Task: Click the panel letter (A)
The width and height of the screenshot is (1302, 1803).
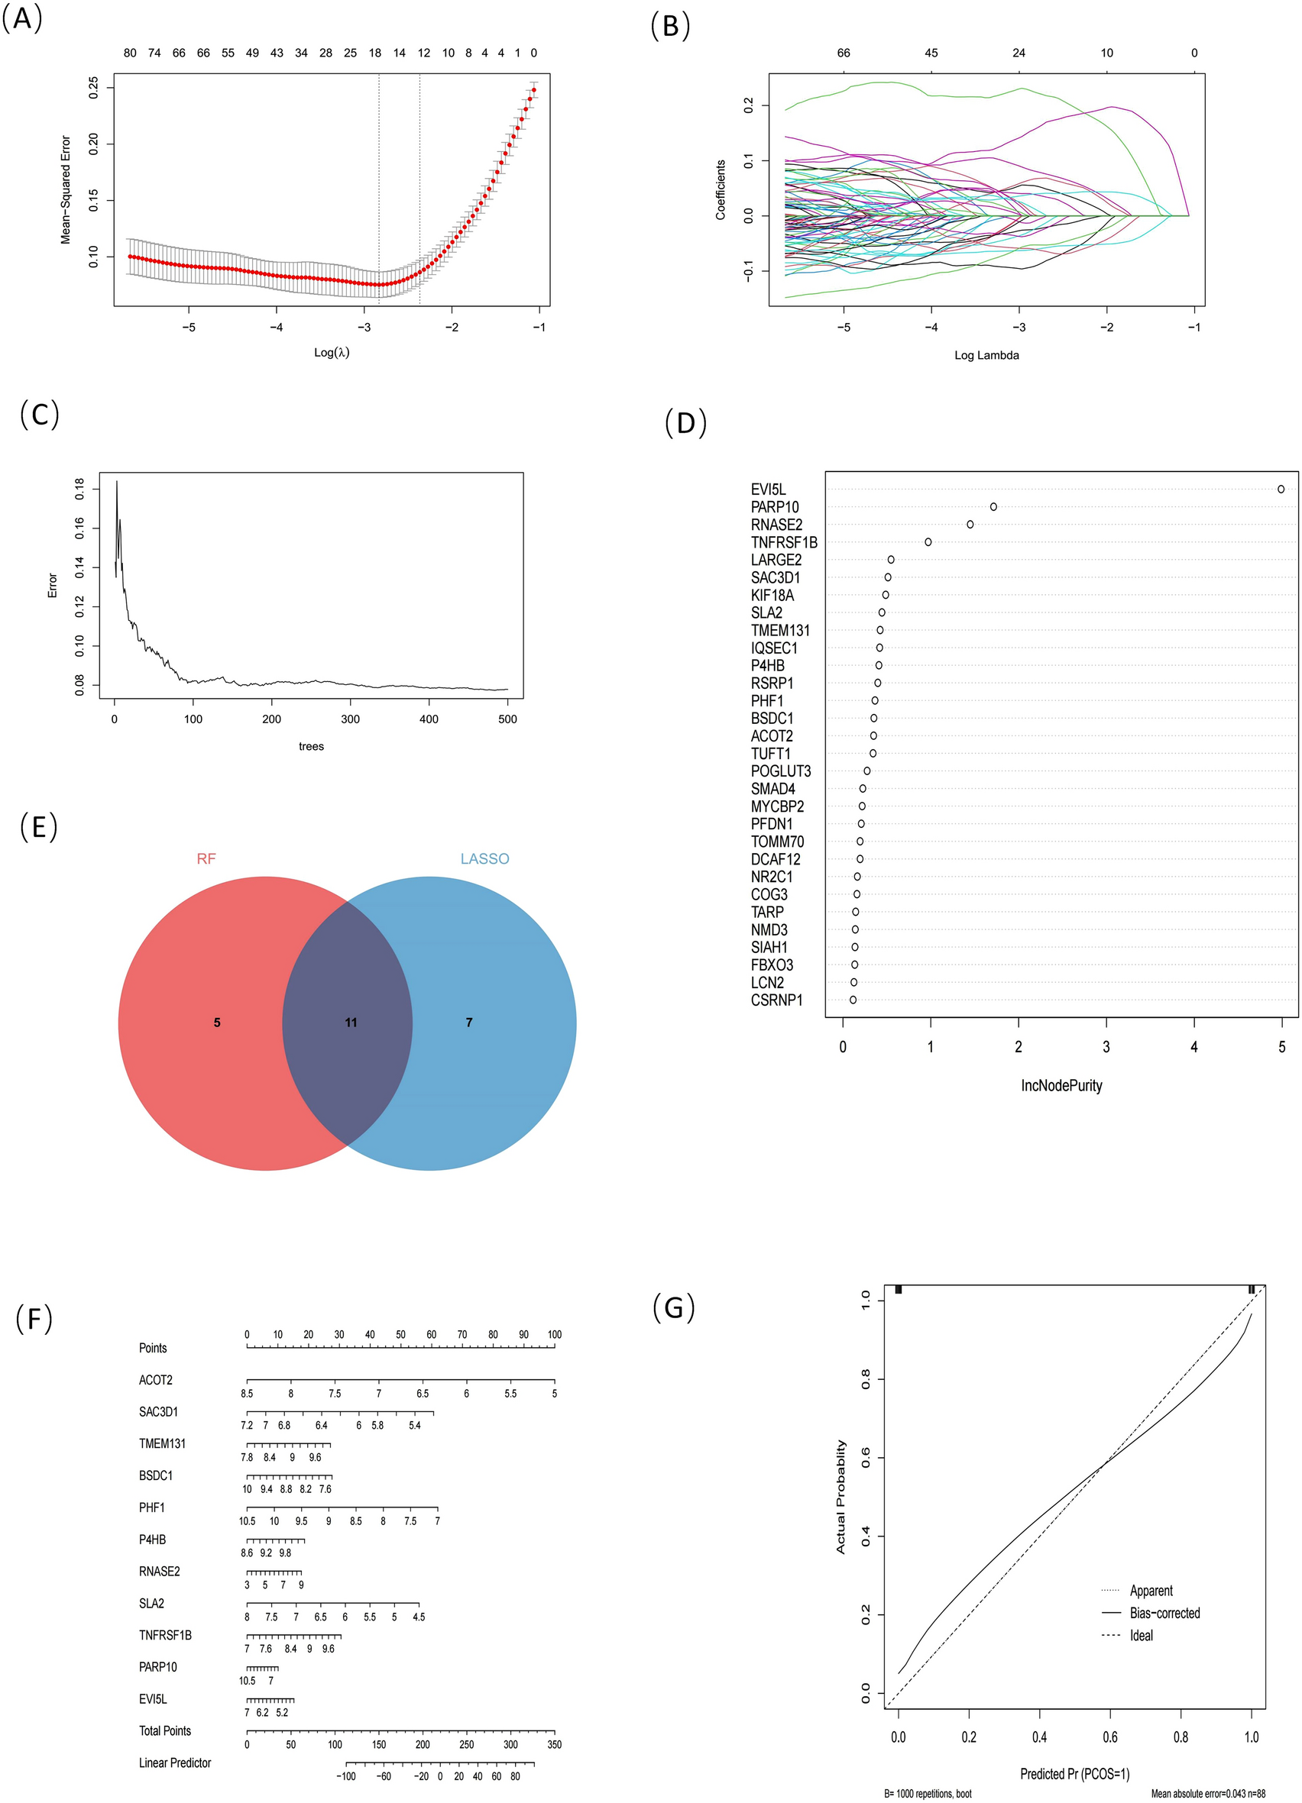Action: point(21,18)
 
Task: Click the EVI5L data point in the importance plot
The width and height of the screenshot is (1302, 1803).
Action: point(1281,489)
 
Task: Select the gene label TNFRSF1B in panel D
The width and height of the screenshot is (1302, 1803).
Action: point(783,542)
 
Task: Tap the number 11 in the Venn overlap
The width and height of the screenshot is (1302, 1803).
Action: point(351,1023)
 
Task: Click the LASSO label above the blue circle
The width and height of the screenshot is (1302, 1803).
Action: point(484,858)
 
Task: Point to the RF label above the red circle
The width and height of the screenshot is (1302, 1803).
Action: point(206,858)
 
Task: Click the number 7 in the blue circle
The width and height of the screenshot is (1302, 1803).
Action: point(469,1023)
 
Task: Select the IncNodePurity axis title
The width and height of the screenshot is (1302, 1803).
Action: point(1061,1085)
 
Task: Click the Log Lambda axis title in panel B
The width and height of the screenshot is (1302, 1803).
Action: point(986,355)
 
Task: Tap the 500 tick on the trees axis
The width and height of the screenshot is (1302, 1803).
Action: point(507,719)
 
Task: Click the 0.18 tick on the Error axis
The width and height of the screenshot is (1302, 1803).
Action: point(79,489)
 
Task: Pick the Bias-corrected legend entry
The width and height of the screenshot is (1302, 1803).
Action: point(1164,1613)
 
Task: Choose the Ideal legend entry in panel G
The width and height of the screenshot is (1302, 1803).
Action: point(1142,1635)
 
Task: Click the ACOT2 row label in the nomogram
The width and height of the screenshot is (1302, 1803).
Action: point(156,1380)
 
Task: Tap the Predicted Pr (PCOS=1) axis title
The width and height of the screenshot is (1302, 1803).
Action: point(1074,1773)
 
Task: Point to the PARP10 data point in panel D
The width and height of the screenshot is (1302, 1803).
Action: point(993,506)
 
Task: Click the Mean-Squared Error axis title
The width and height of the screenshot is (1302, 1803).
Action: point(66,189)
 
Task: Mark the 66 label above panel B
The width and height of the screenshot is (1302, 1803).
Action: point(843,53)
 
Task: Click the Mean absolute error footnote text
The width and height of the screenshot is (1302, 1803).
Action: point(1207,1795)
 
